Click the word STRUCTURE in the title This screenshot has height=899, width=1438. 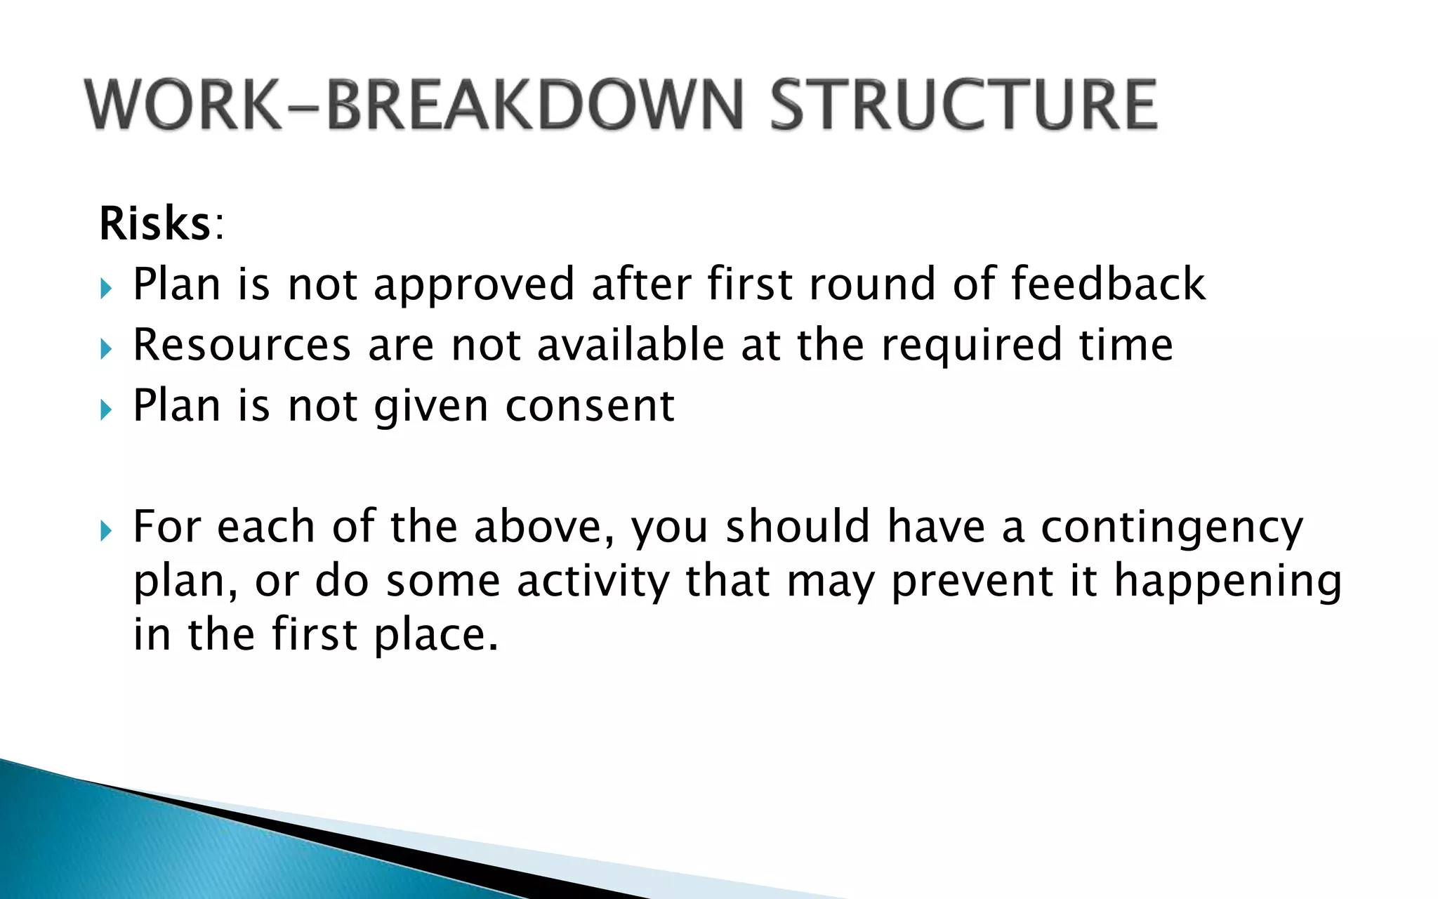[963, 105]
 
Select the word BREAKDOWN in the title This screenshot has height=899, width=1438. [534, 105]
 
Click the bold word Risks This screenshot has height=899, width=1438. [154, 224]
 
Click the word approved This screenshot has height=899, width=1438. [474, 285]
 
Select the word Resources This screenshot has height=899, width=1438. [242, 346]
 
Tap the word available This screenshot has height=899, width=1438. [630, 345]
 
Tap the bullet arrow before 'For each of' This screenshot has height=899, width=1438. [106, 530]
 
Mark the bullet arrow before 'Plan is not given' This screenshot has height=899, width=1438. [106, 409]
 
